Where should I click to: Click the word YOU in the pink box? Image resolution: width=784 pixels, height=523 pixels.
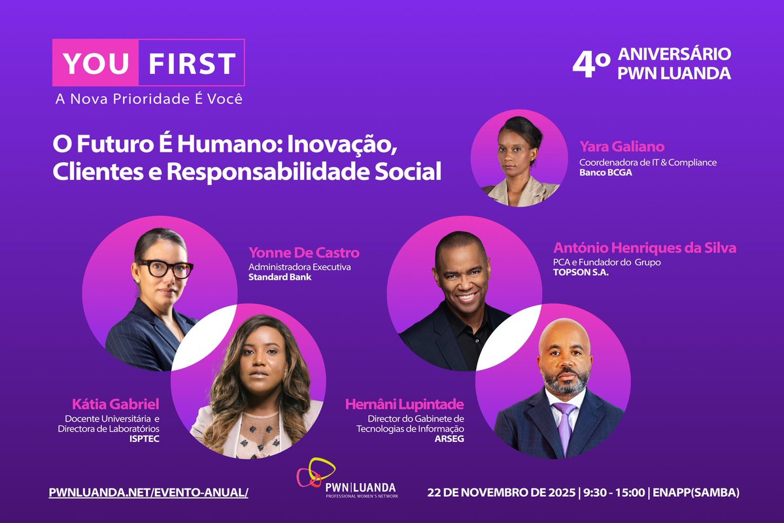click(95, 63)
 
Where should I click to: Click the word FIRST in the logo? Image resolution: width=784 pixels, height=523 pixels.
click(191, 63)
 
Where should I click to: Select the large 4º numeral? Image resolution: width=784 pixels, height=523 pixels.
click(590, 63)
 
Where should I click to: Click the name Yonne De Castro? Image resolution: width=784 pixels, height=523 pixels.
click(304, 253)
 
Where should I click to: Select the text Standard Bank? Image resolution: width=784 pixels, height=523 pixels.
click(280, 277)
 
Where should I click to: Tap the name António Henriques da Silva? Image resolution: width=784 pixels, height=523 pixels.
click(644, 248)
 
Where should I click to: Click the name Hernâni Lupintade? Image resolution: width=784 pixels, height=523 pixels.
click(404, 404)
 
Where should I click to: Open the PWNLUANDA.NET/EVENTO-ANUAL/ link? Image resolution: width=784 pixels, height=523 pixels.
click(148, 492)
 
